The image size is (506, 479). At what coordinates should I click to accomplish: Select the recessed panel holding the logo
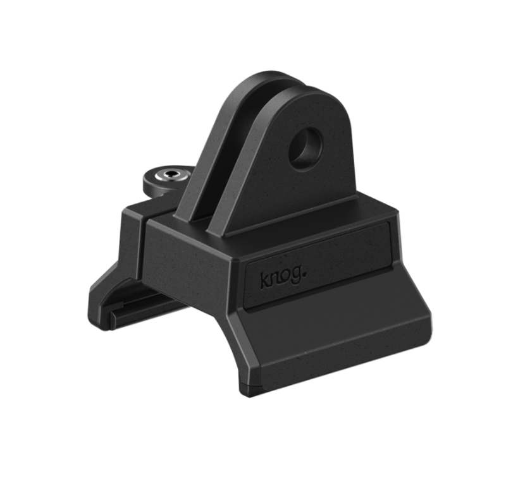click(319, 269)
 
